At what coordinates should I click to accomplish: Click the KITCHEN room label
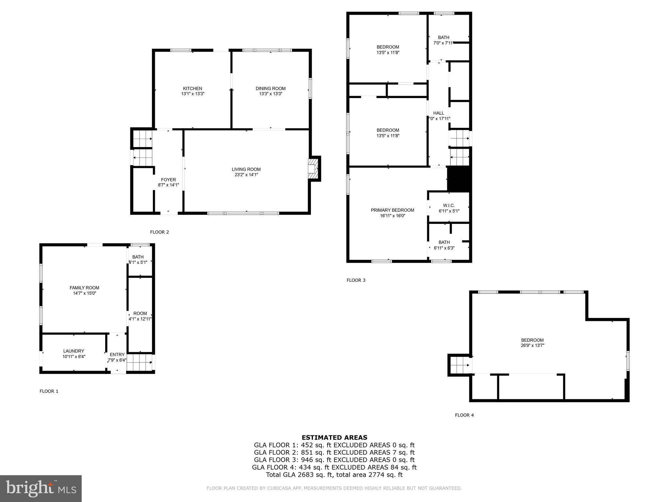(x=192, y=88)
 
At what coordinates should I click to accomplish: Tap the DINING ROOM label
(x=270, y=88)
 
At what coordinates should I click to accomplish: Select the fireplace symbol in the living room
(x=313, y=169)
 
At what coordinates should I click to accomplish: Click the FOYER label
(x=168, y=179)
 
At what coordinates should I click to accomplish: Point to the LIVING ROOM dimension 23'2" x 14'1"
(x=246, y=175)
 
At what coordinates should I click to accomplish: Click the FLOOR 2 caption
(x=159, y=232)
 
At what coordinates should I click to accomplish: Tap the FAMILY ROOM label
(x=84, y=288)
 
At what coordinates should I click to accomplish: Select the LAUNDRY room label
(x=73, y=351)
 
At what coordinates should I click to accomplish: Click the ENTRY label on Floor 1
(x=117, y=354)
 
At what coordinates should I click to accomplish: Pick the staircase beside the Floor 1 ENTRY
(x=139, y=363)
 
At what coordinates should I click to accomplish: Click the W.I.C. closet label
(x=449, y=205)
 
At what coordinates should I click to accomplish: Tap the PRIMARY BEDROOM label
(x=392, y=210)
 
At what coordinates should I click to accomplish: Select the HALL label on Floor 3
(x=438, y=113)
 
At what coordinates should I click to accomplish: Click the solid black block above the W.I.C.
(x=459, y=179)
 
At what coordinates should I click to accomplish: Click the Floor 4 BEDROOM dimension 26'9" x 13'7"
(x=532, y=345)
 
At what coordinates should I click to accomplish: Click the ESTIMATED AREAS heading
(x=334, y=437)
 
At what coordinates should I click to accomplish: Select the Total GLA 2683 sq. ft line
(x=334, y=475)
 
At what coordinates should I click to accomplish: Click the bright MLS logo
(x=41, y=489)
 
